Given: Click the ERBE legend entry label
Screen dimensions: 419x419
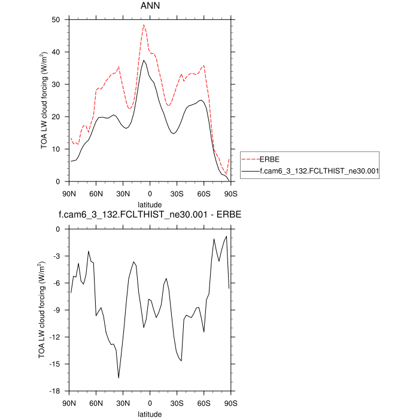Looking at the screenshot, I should point(269,159).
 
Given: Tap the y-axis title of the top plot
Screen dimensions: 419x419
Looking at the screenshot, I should point(45,101).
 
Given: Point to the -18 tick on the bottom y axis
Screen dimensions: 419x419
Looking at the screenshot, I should point(59,391).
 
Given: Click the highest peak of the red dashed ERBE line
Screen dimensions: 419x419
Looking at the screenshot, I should point(144,25).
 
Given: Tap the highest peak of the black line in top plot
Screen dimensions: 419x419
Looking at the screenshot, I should point(144,60).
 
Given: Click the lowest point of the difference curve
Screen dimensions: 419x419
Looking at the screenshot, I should point(119,378).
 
